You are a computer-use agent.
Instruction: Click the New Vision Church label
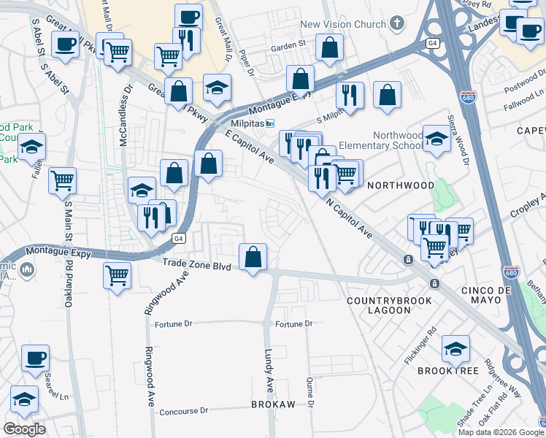[x=342, y=24]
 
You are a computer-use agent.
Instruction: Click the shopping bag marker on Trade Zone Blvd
[x=253, y=258]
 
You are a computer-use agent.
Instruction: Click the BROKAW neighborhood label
[x=272, y=404]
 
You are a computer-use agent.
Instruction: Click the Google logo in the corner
[x=24, y=429]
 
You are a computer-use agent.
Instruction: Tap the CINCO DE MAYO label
[x=491, y=291]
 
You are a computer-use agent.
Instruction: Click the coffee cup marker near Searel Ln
[x=35, y=358]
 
